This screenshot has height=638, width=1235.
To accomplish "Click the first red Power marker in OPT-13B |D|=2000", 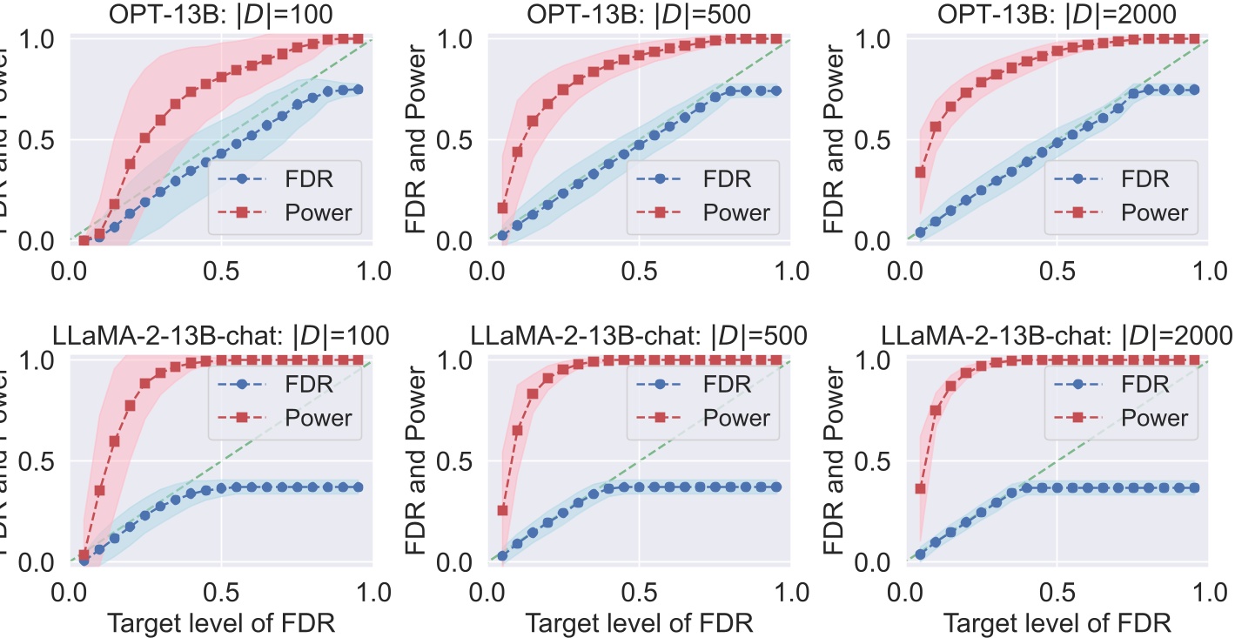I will pos(920,171).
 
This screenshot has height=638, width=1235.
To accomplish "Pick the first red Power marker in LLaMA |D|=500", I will pos(502,510).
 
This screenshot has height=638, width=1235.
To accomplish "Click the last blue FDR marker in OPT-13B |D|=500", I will pos(775,91).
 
